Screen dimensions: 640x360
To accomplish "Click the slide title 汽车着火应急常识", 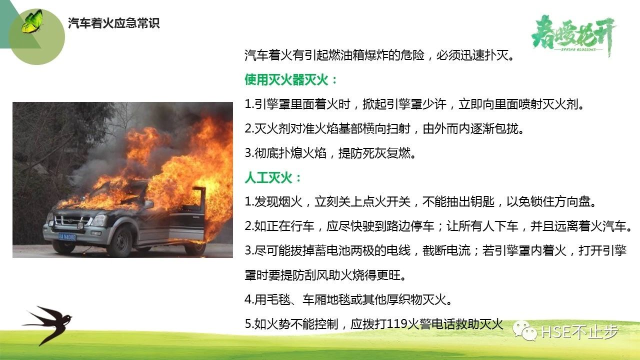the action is (113, 23).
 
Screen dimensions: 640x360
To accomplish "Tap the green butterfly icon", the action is (32, 21).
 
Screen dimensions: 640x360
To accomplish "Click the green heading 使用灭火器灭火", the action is (286, 79).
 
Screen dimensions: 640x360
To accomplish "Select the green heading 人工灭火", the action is (268, 177).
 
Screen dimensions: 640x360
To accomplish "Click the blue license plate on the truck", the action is (67, 237).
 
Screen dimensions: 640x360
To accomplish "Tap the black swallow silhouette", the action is (47, 324).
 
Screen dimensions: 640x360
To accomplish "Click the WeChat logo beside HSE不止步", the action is (525, 331).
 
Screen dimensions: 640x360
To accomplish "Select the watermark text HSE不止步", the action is (579, 332).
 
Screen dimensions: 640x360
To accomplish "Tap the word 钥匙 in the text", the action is (482, 201).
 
